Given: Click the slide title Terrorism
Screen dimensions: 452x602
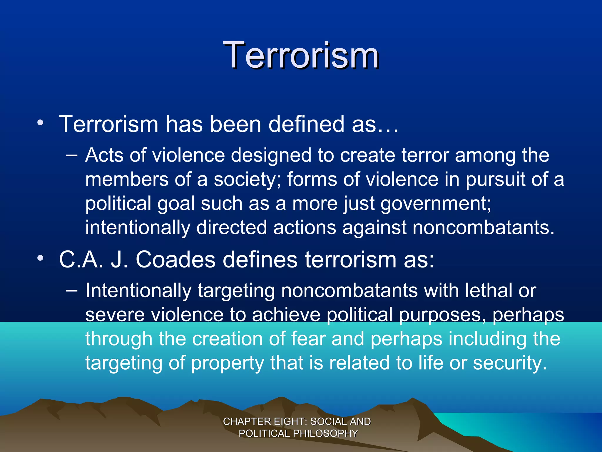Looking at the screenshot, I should click(x=301, y=55).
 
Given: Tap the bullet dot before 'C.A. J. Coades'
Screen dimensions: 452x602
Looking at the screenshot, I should click(x=40, y=258).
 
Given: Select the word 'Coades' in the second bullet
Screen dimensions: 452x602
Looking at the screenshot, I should click(x=175, y=260).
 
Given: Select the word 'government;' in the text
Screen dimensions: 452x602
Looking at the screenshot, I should click(x=436, y=204).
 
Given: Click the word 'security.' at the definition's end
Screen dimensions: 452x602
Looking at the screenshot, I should click(x=510, y=363).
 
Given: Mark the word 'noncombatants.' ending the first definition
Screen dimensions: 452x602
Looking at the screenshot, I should click(x=484, y=228).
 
